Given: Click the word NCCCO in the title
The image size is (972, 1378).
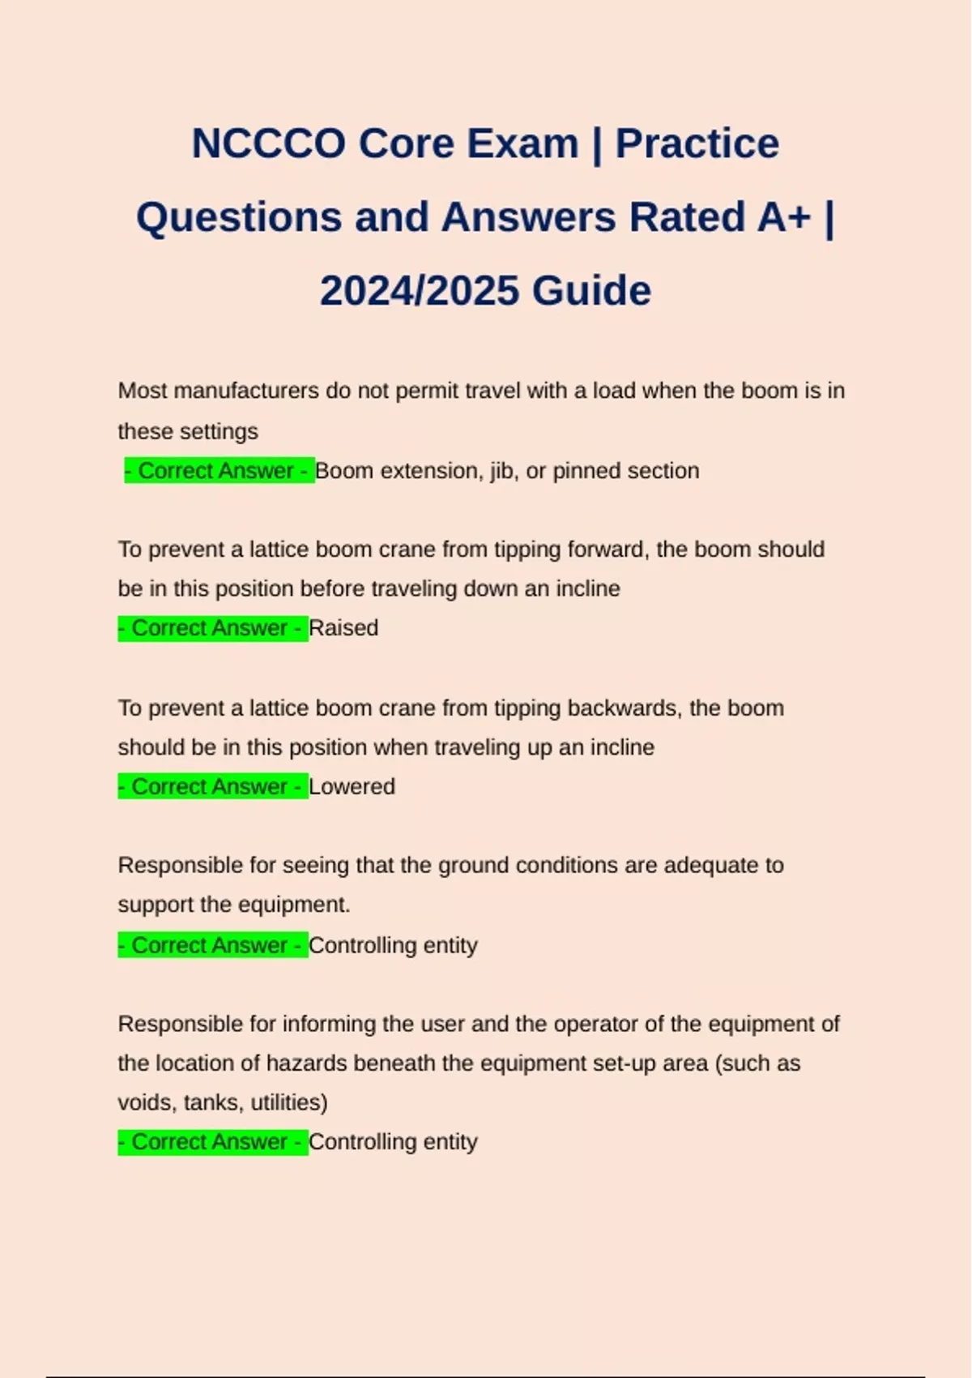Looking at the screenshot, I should tap(268, 143).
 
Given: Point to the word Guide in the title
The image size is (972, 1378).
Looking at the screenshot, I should tap(592, 291).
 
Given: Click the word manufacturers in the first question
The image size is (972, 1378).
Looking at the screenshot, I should tap(246, 391).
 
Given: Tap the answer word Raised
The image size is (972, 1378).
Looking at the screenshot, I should tap(343, 628).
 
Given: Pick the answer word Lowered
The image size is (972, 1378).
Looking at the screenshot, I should tap(352, 787).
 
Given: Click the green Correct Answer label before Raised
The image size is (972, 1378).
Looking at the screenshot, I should tap(213, 628).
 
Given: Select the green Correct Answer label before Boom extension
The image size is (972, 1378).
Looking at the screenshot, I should tap(220, 471).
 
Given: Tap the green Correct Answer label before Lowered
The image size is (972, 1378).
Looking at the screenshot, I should tap(213, 787).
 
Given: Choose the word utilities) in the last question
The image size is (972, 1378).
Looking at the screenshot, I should tap(289, 1102).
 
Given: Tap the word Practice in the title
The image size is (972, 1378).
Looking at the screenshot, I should tap(697, 143).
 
